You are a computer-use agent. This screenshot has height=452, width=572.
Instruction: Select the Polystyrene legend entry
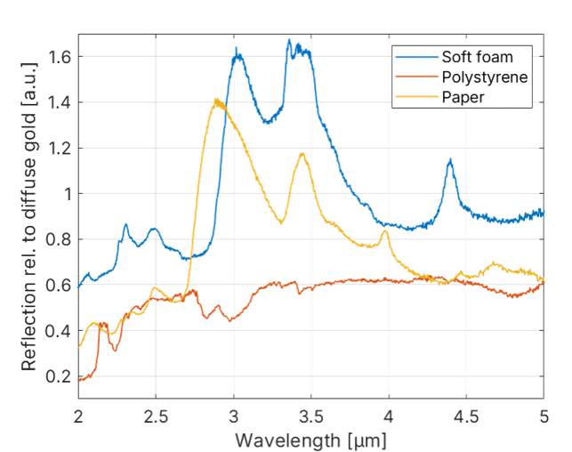click(x=484, y=77)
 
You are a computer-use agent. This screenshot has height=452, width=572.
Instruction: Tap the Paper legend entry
click(x=463, y=97)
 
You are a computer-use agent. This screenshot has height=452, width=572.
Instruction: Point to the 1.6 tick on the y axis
click(x=60, y=56)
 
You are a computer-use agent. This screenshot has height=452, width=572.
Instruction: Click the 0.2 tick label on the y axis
click(x=60, y=377)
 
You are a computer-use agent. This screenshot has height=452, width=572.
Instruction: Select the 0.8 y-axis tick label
click(x=60, y=239)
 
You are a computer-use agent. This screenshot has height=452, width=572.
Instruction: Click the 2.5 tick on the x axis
click(x=155, y=416)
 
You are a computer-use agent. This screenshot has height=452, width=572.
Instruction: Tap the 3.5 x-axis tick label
click(x=310, y=416)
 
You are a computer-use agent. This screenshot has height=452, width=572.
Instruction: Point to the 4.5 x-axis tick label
click(x=466, y=416)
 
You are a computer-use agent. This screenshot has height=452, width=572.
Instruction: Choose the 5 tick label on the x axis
click(x=544, y=416)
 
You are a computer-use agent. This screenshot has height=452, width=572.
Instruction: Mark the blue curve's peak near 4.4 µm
click(x=451, y=161)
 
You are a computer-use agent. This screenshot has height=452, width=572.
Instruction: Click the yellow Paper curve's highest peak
click(x=216, y=101)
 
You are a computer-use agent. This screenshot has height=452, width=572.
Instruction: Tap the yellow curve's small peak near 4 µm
click(x=385, y=231)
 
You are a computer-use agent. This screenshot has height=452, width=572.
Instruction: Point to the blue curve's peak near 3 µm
click(x=237, y=55)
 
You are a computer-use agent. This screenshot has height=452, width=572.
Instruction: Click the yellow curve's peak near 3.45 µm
click(x=302, y=153)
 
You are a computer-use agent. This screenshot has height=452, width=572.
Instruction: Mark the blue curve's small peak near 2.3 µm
click(x=125, y=225)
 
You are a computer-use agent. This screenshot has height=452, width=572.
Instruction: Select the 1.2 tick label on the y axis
click(x=60, y=148)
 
